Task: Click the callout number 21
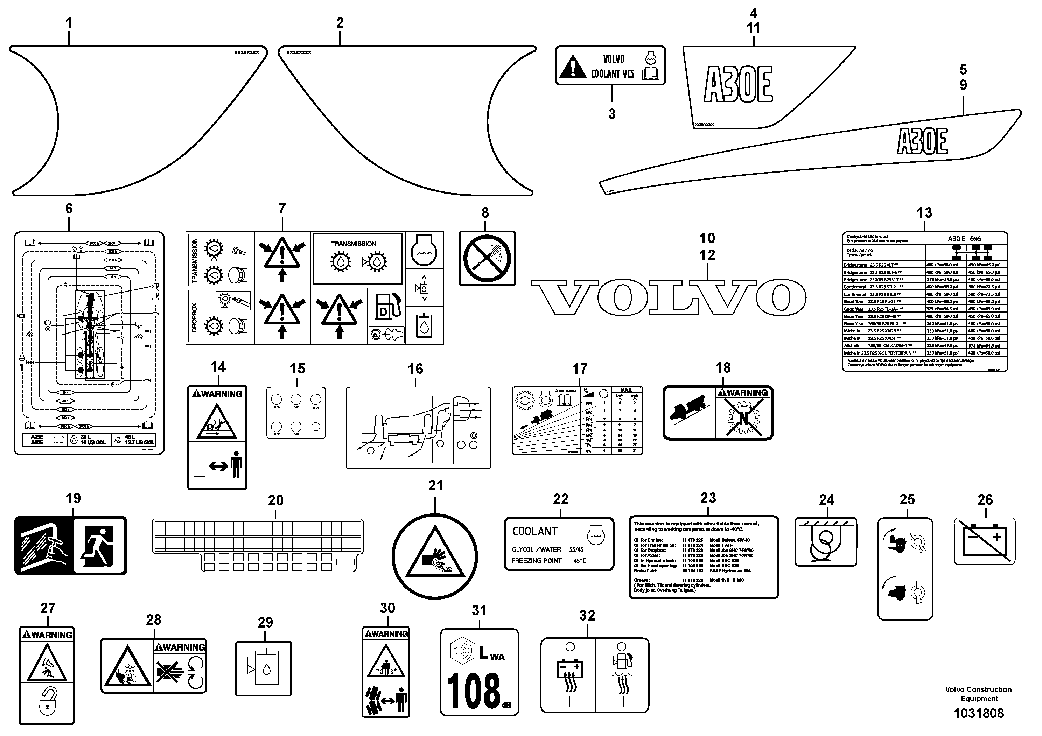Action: [435, 485]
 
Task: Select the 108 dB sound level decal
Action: [479, 672]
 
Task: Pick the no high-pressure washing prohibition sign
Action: [487, 258]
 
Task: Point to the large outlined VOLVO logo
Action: [668, 298]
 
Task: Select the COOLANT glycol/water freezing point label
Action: [559, 544]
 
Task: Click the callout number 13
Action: [924, 212]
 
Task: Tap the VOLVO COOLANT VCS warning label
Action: [610, 65]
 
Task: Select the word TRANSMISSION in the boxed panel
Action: [353, 244]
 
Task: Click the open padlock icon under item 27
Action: [47, 701]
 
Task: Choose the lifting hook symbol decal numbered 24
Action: [826, 542]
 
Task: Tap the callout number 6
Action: [69, 208]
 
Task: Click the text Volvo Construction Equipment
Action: [978, 694]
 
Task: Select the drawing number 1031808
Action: [978, 713]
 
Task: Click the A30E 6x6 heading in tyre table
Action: [964, 239]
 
